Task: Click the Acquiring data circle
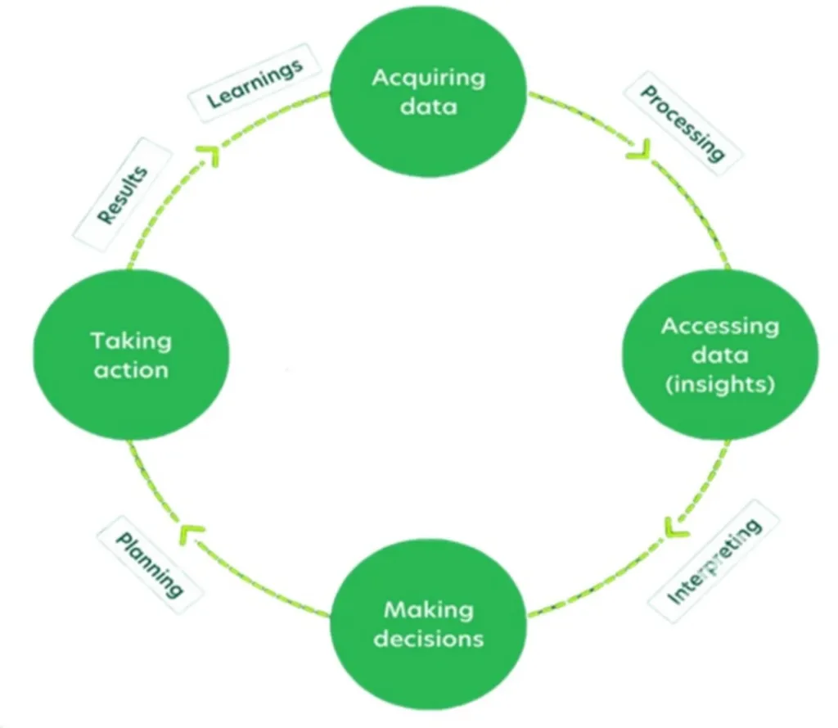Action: pos(428,92)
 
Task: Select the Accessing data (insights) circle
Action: pos(720,355)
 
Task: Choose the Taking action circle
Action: pos(131,354)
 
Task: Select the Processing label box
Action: pos(681,123)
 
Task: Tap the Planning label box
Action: pos(149,565)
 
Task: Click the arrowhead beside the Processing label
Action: pos(638,149)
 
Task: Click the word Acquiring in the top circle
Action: pos(428,79)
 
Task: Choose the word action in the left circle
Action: pos(131,370)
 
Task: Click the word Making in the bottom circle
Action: pos(428,609)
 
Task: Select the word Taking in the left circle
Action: pos(131,340)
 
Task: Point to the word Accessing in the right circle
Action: pos(720,326)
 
